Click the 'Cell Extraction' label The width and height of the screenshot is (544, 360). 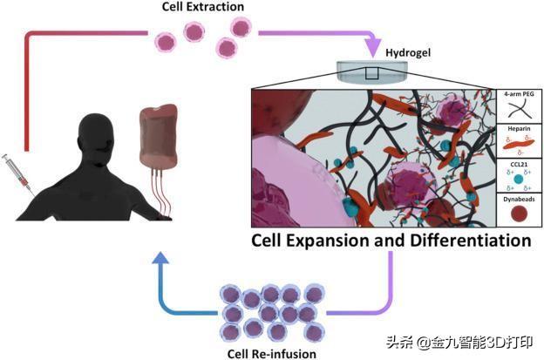(x=203, y=7)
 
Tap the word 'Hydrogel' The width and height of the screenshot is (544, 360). (x=408, y=52)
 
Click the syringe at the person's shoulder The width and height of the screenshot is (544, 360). (x=18, y=174)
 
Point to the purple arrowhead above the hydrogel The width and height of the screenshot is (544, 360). (x=373, y=48)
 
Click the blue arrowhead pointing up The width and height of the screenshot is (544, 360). (x=160, y=258)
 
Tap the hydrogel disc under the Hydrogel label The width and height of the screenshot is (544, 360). (x=372, y=72)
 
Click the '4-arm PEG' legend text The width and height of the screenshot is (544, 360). (x=519, y=94)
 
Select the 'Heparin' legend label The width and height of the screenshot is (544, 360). (x=519, y=129)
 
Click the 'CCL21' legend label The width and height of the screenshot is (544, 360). (x=519, y=164)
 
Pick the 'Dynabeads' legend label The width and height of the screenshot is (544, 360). (x=519, y=200)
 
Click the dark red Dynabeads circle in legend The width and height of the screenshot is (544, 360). (x=519, y=214)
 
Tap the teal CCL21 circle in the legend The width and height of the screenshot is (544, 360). (x=519, y=180)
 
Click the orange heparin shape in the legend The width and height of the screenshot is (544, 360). (x=519, y=144)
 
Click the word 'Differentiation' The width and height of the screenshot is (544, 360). (x=471, y=241)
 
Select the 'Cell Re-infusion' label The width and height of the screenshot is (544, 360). (x=272, y=354)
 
